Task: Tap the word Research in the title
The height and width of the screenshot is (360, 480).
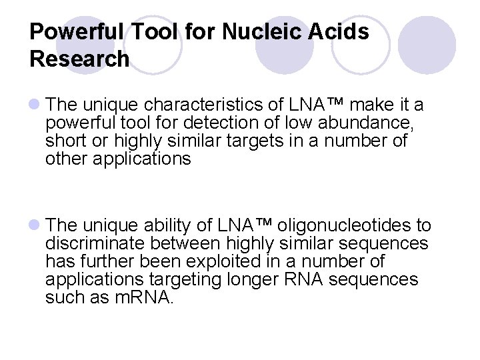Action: pyautogui.click(x=79, y=59)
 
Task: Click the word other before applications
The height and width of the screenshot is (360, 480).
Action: pyautogui.click(x=66, y=159)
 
